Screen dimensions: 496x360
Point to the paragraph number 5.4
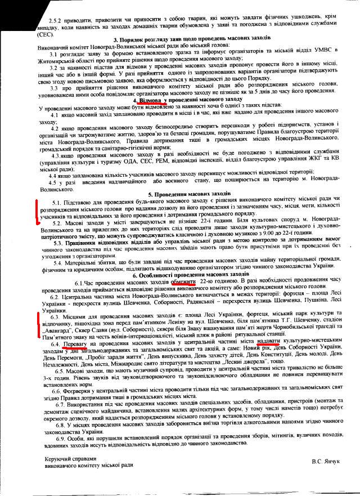(x=59, y=262)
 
